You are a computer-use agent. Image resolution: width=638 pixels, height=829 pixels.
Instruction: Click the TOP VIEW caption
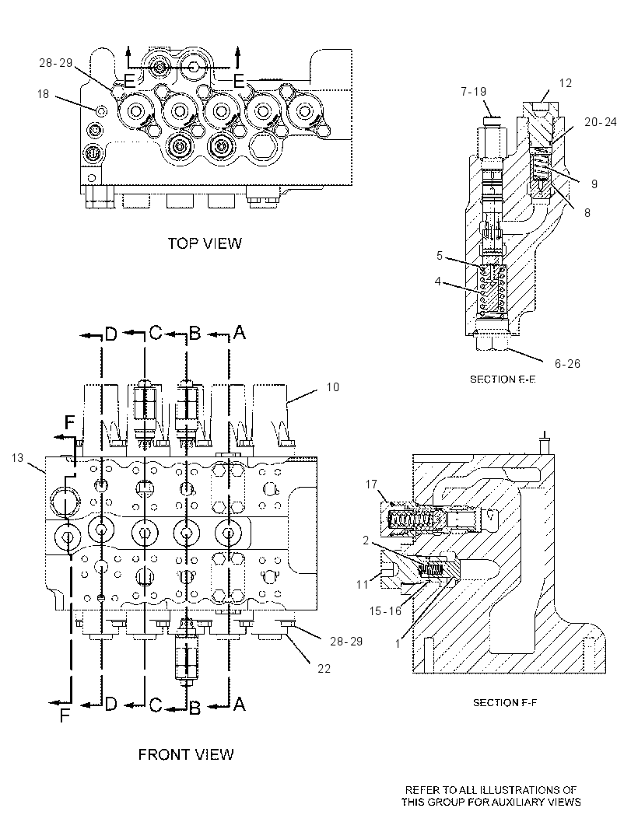205,243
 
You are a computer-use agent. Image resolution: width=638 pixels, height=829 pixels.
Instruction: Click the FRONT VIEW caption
186,754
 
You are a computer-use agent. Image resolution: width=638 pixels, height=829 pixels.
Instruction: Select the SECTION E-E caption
503,379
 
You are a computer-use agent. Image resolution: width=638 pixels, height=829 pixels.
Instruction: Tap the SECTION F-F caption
505,703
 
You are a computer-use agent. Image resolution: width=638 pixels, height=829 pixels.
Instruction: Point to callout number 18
43,93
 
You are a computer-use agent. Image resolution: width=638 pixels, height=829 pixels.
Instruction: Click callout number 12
565,83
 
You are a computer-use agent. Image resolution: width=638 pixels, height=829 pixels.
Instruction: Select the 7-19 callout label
474,92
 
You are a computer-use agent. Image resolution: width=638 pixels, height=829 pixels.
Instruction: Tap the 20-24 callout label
601,121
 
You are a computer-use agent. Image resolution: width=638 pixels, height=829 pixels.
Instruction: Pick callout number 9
594,184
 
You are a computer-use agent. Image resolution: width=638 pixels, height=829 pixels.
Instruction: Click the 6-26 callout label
567,364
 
